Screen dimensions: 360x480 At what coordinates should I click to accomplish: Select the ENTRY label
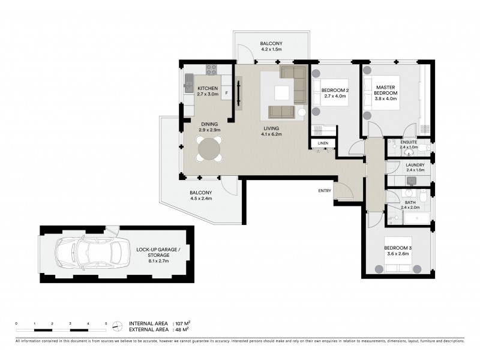pos(325,191)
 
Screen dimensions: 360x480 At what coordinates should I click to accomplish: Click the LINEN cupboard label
pos(323,143)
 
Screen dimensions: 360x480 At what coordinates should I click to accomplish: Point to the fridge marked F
pos(226,94)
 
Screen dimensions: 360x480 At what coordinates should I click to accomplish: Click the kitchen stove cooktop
pos(211,69)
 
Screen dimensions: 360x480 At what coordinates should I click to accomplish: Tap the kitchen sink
pos(189,80)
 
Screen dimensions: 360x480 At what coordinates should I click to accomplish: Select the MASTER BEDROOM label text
pos(386,90)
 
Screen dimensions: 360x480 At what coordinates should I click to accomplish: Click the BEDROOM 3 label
pos(398,248)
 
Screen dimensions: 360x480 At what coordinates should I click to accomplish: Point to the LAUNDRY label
pos(415,165)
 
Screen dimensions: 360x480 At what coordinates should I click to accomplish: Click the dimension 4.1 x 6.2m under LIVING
pos(272,134)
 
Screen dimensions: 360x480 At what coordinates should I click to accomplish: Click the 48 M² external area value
pos(180,329)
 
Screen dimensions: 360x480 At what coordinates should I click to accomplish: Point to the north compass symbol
pos(118,326)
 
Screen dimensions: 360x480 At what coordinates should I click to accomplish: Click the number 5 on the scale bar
pos(106,323)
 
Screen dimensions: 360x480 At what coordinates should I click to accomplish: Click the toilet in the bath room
pos(423,196)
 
